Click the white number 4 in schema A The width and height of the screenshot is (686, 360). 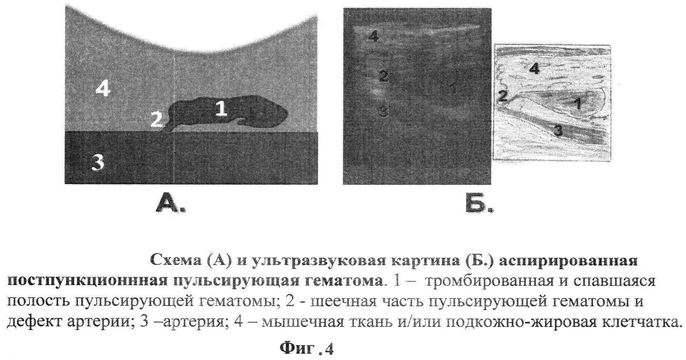click(x=102, y=89)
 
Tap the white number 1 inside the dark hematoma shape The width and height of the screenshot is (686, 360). click(x=221, y=109)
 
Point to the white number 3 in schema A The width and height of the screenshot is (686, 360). click(x=98, y=162)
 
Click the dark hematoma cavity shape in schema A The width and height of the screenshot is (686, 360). click(x=254, y=114)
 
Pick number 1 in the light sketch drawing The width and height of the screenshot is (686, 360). click(x=578, y=104)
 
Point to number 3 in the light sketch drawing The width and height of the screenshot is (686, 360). click(x=558, y=130)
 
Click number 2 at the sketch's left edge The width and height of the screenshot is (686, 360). click(x=503, y=97)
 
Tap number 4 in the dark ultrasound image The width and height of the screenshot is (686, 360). click(x=373, y=36)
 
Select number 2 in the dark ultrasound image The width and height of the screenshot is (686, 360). click(x=383, y=77)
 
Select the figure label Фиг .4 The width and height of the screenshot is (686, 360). click(x=307, y=348)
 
